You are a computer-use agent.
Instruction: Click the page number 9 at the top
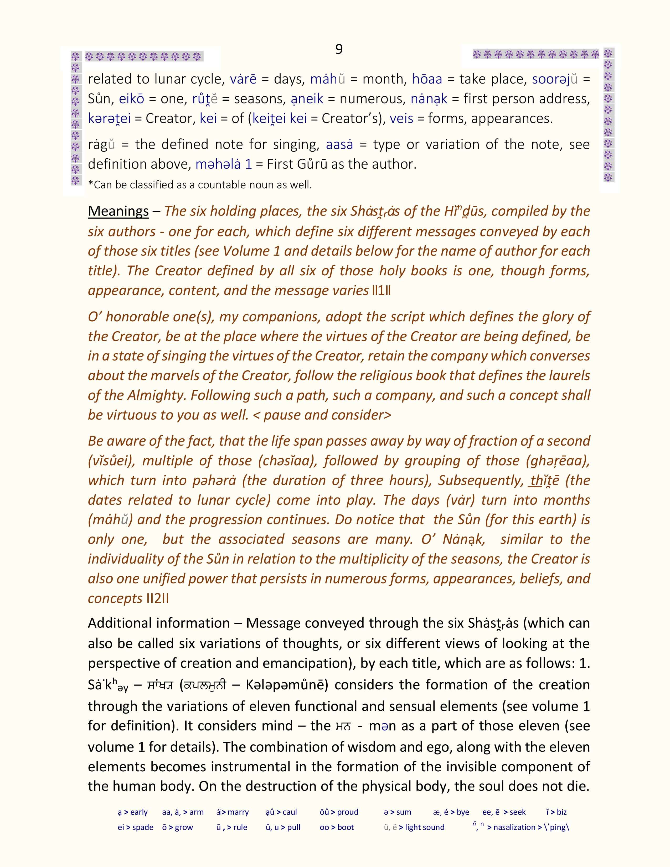click(x=339, y=49)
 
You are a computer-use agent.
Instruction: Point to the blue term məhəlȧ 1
click(x=224, y=164)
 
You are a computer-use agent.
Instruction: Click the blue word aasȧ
click(x=339, y=145)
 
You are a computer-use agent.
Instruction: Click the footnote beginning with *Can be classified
click(x=200, y=185)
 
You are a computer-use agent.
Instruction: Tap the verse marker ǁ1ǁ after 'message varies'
click(x=382, y=291)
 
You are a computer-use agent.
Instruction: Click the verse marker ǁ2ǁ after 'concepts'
click(x=158, y=598)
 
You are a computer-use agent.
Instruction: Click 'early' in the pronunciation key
click(x=138, y=812)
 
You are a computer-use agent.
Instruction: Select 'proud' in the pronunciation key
click(x=347, y=812)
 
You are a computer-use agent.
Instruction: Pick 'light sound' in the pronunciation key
click(x=425, y=827)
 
